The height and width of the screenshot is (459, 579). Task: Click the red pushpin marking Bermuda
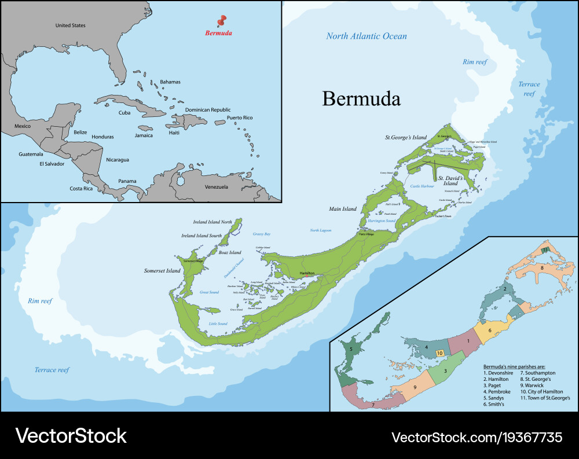[x=220, y=21]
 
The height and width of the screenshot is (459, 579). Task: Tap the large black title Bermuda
[x=361, y=98]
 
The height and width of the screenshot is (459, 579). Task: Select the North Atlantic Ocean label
[x=366, y=36]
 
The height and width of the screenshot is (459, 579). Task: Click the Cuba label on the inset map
[x=124, y=113]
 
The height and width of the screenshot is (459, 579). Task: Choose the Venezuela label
[x=217, y=187]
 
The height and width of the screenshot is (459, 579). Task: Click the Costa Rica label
[x=81, y=189]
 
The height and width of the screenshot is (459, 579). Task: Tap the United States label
[x=70, y=25]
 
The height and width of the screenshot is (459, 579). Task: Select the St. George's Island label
[x=406, y=138]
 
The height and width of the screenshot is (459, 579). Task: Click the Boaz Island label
[x=230, y=252]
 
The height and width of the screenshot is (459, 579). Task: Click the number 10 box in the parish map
[x=440, y=352]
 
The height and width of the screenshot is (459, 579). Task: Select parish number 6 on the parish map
[x=490, y=331]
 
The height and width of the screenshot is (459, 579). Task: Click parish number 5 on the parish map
[x=350, y=349]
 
